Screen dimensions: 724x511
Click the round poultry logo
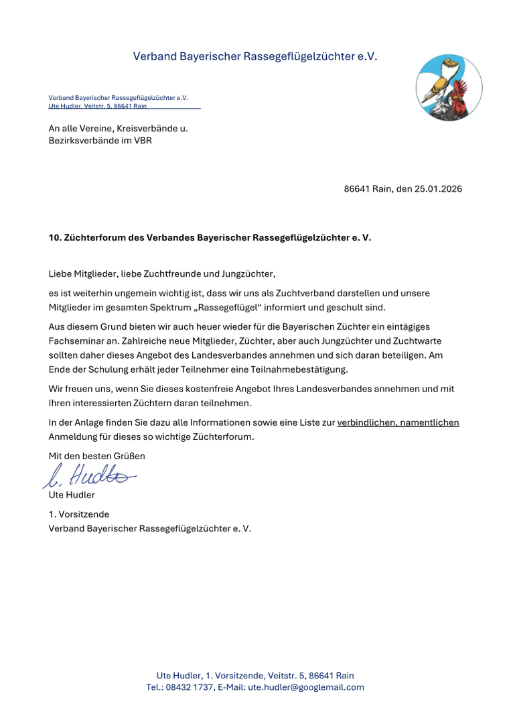449,88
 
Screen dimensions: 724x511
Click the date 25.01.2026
438,189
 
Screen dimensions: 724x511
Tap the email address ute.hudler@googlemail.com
306,687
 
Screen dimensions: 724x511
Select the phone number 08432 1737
189,687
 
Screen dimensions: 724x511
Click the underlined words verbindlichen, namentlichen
398,423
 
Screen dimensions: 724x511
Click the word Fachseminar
74,341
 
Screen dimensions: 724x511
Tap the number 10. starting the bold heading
55,238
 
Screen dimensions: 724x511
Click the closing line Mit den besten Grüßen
96,456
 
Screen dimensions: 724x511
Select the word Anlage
90,423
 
